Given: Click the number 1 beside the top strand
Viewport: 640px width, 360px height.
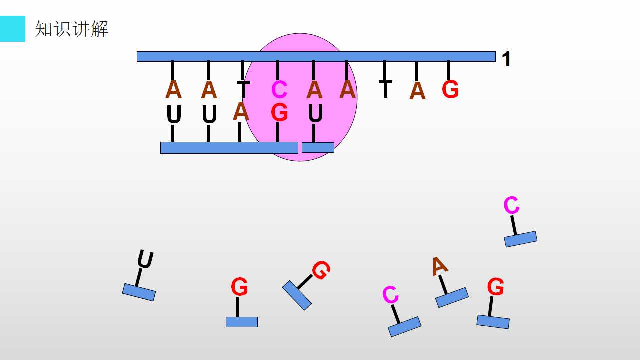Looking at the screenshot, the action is [x=506, y=59].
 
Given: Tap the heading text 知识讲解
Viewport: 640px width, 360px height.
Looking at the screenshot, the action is [x=71, y=29].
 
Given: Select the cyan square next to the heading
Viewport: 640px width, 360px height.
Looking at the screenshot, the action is [x=12, y=29].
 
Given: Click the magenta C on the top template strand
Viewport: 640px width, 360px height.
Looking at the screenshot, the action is [x=279, y=89].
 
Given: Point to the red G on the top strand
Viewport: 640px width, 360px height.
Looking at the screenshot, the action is [x=450, y=89].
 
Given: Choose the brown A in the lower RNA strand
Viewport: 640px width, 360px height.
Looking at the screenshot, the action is [x=241, y=111].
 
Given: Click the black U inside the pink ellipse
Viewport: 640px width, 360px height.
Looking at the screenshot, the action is [x=315, y=113].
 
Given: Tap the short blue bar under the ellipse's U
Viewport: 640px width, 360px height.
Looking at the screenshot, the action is [x=318, y=147].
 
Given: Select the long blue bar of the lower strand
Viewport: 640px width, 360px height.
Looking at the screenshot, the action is [x=229, y=148].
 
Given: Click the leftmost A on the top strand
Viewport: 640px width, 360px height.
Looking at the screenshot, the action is [x=173, y=89].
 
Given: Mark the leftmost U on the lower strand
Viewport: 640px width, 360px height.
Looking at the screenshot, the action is [x=174, y=115].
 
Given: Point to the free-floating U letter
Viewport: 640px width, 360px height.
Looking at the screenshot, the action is [x=145, y=259].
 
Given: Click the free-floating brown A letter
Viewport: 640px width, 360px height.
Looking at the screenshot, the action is [x=440, y=266].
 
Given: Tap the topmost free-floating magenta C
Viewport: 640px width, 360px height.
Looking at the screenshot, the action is [x=511, y=205].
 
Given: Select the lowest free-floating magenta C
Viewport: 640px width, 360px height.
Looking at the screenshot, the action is [x=390, y=294].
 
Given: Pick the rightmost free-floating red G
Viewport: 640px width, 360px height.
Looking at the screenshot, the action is [x=495, y=286].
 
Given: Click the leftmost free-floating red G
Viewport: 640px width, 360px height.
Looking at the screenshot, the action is [x=239, y=286].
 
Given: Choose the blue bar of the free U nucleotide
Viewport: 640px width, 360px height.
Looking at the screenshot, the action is [x=139, y=292].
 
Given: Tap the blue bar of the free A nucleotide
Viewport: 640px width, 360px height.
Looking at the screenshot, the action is [x=452, y=297].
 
